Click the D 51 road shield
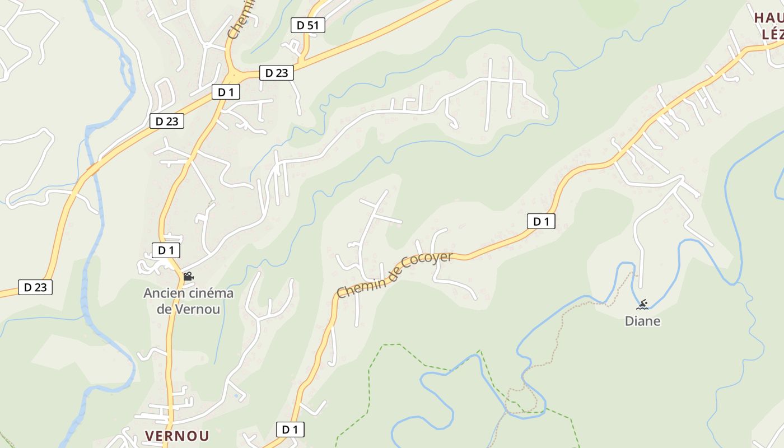(x=307, y=25)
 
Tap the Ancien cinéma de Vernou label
(x=189, y=301)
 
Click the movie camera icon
(x=188, y=276)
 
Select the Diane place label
(x=643, y=321)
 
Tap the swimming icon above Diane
(x=642, y=305)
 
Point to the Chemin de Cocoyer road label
(x=395, y=274)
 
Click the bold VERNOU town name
(x=177, y=436)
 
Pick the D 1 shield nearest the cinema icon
(x=166, y=250)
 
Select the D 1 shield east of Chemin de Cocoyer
(x=541, y=221)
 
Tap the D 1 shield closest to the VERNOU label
(x=290, y=430)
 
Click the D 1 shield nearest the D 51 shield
(x=226, y=92)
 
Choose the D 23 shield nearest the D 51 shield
(x=277, y=72)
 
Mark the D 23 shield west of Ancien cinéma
(x=35, y=287)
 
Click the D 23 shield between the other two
(x=167, y=120)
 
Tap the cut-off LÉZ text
(x=772, y=34)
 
